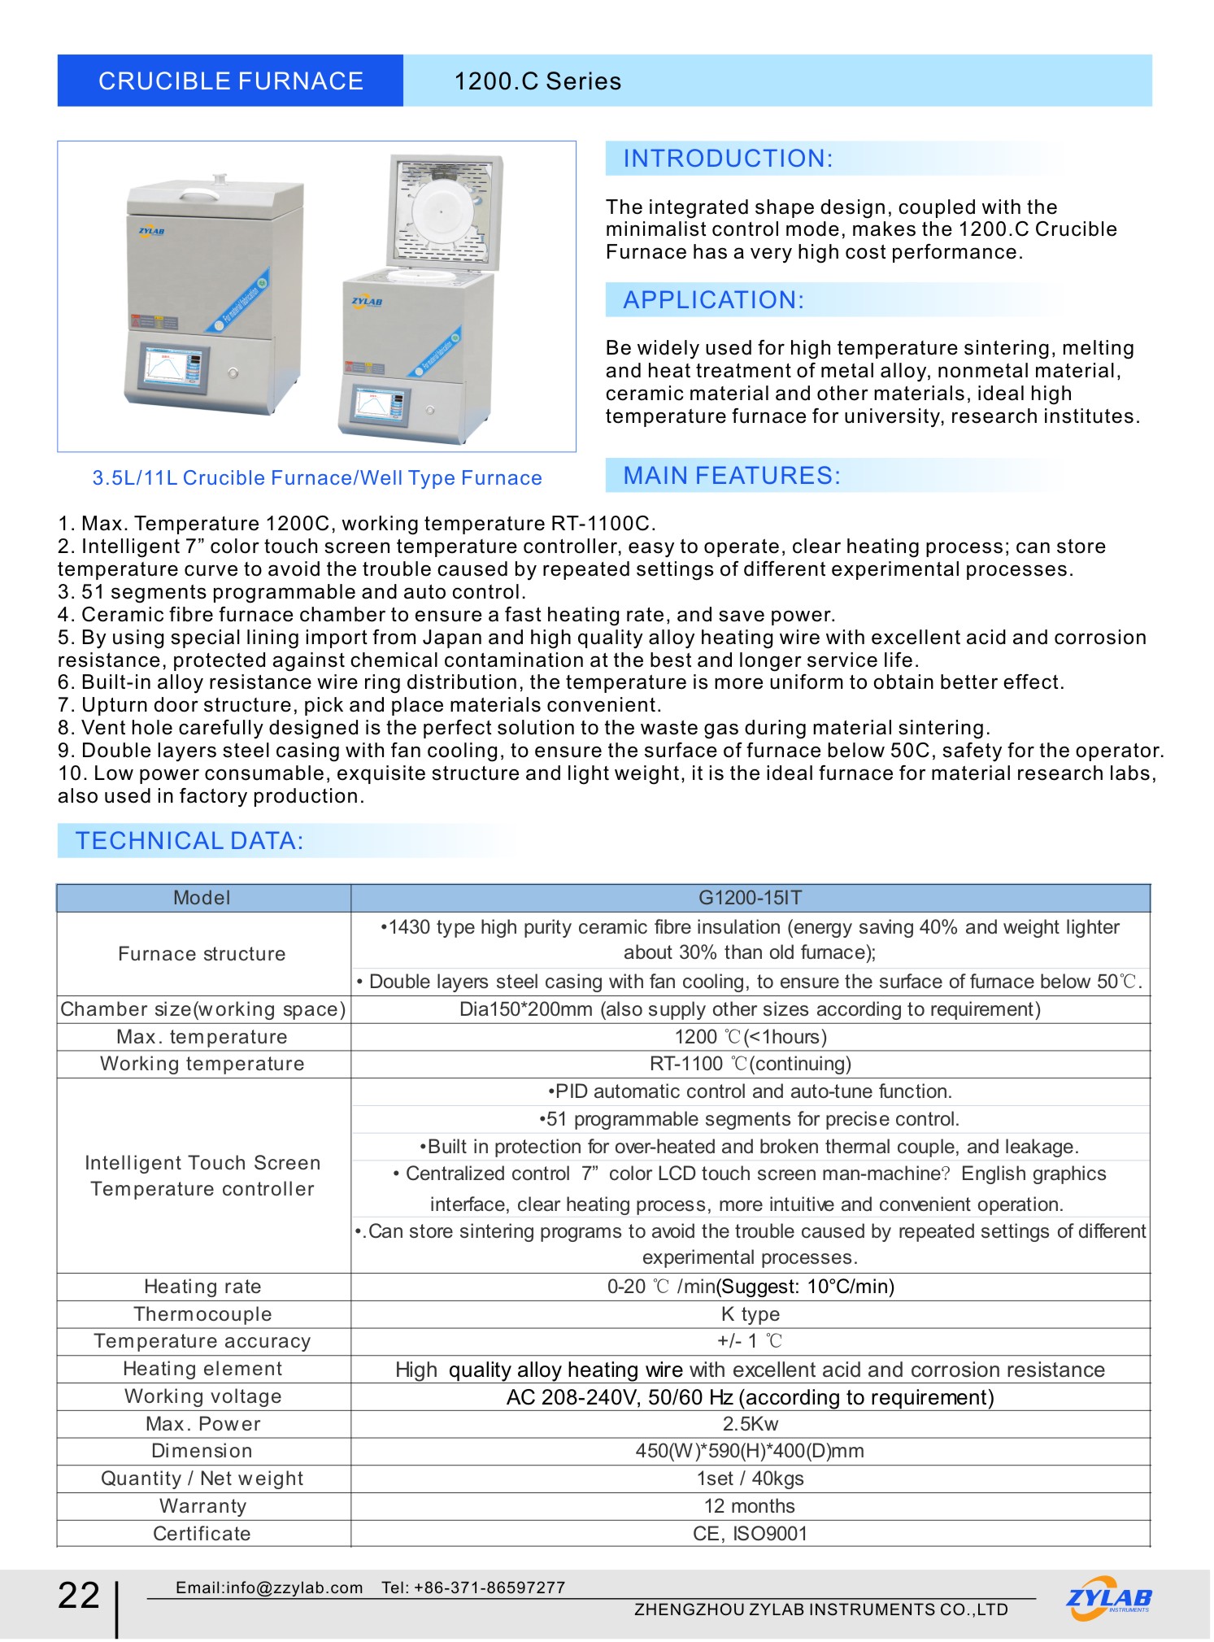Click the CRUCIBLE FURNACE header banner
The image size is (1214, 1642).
[x=230, y=81]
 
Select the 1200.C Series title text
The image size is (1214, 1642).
[x=537, y=81]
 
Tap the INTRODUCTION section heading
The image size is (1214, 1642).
[x=728, y=159]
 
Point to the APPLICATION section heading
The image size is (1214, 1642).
[x=713, y=300]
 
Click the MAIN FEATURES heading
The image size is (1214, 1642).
[x=731, y=476]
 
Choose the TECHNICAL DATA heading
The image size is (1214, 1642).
[x=189, y=841]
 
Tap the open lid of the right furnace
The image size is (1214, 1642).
[x=446, y=211]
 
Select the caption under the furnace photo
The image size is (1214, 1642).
[x=316, y=478]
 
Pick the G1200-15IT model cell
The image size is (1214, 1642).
[x=750, y=898]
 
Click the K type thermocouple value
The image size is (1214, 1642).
[x=750, y=1314]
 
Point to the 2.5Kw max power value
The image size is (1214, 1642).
[x=750, y=1424]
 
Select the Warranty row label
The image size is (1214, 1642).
[x=202, y=1506]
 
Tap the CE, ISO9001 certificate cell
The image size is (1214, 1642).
[x=750, y=1534]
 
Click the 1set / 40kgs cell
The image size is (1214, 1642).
[x=750, y=1479]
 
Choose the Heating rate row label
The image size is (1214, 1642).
[x=202, y=1287]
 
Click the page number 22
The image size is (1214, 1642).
[x=79, y=1596]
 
